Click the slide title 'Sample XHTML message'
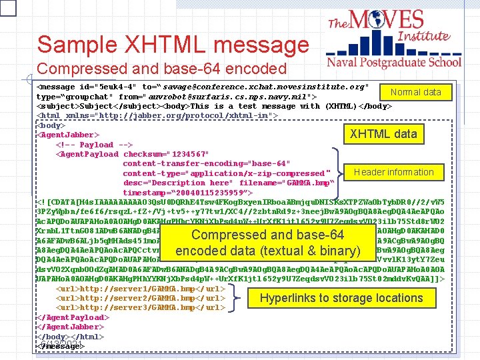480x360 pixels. point(173,45)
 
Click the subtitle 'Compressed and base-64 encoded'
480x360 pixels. point(162,69)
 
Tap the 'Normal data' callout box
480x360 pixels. point(415,92)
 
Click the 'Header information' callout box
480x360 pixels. point(393,172)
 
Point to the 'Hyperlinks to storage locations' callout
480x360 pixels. point(341,298)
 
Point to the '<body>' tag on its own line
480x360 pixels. point(51,125)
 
